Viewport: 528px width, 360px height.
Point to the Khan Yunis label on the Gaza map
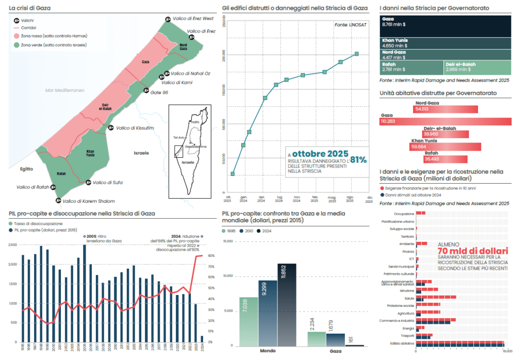[x=91, y=153]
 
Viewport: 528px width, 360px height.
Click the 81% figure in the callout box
[x=359, y=160]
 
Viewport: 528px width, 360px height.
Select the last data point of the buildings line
[x=356, y=54]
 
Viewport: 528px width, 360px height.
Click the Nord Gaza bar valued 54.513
[x=447, y=109]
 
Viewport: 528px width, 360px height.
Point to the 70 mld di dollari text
[x=472, y=251]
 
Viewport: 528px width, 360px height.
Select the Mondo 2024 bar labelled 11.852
[x=287, y=304]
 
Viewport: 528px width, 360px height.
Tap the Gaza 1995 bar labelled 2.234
[x=317, y=338]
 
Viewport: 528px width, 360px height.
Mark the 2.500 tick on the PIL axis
[x=13, y=245]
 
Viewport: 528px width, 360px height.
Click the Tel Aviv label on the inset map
[x=179, y=138]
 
